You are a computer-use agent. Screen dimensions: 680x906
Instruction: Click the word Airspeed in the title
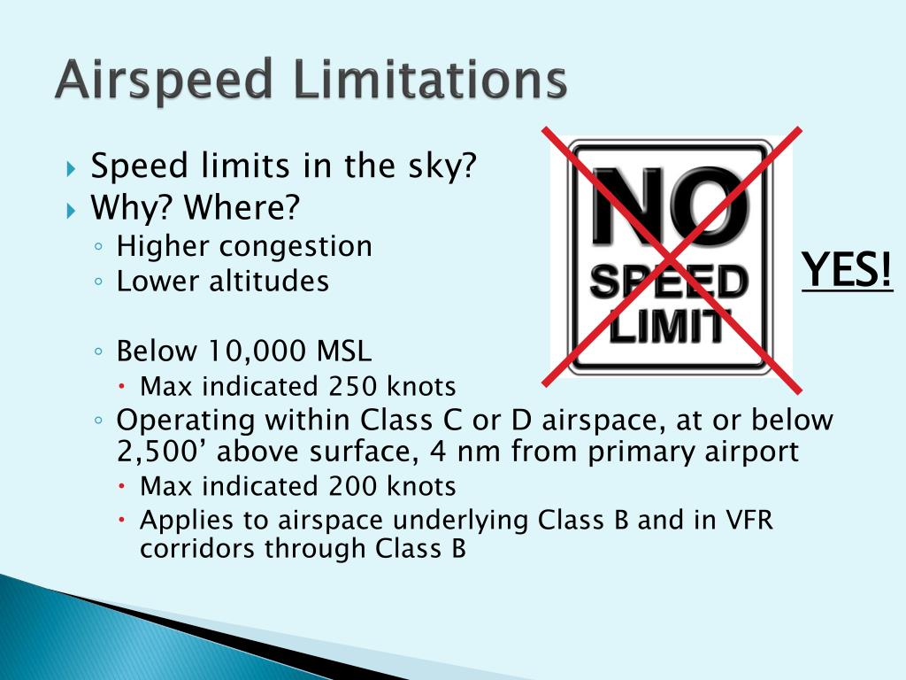coord(164,82)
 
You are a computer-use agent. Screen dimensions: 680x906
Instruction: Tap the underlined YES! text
coord(848,269)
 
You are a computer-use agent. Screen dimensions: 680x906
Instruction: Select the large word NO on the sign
coord(671,210)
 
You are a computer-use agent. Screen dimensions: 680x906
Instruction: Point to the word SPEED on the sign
coord(669,283)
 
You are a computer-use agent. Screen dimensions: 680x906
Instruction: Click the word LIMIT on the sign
coord(670,328)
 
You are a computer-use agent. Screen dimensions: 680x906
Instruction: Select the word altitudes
coord(270,282)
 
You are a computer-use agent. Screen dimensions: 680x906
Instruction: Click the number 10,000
coord(257,352)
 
